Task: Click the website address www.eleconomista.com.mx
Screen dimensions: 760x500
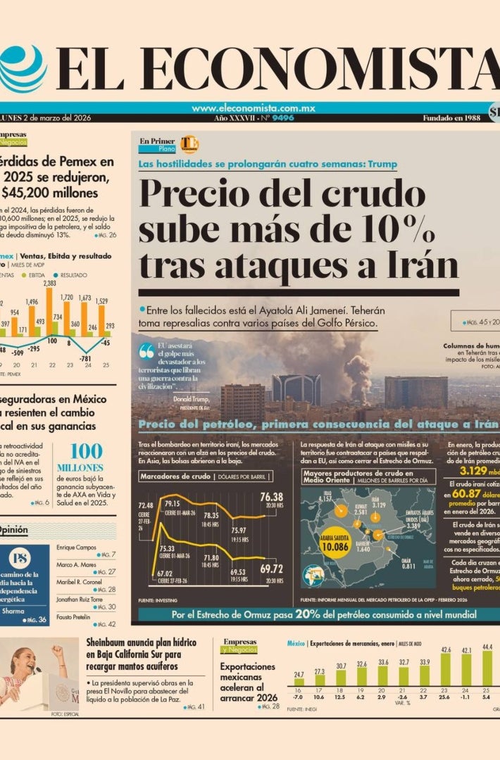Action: (x=253, y=108)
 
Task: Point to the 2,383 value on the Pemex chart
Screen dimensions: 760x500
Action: (x=49, y=284)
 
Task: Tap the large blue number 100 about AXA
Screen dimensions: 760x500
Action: (x=86, y=451)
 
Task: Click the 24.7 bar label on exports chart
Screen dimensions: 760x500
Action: (x=299, y=674)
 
